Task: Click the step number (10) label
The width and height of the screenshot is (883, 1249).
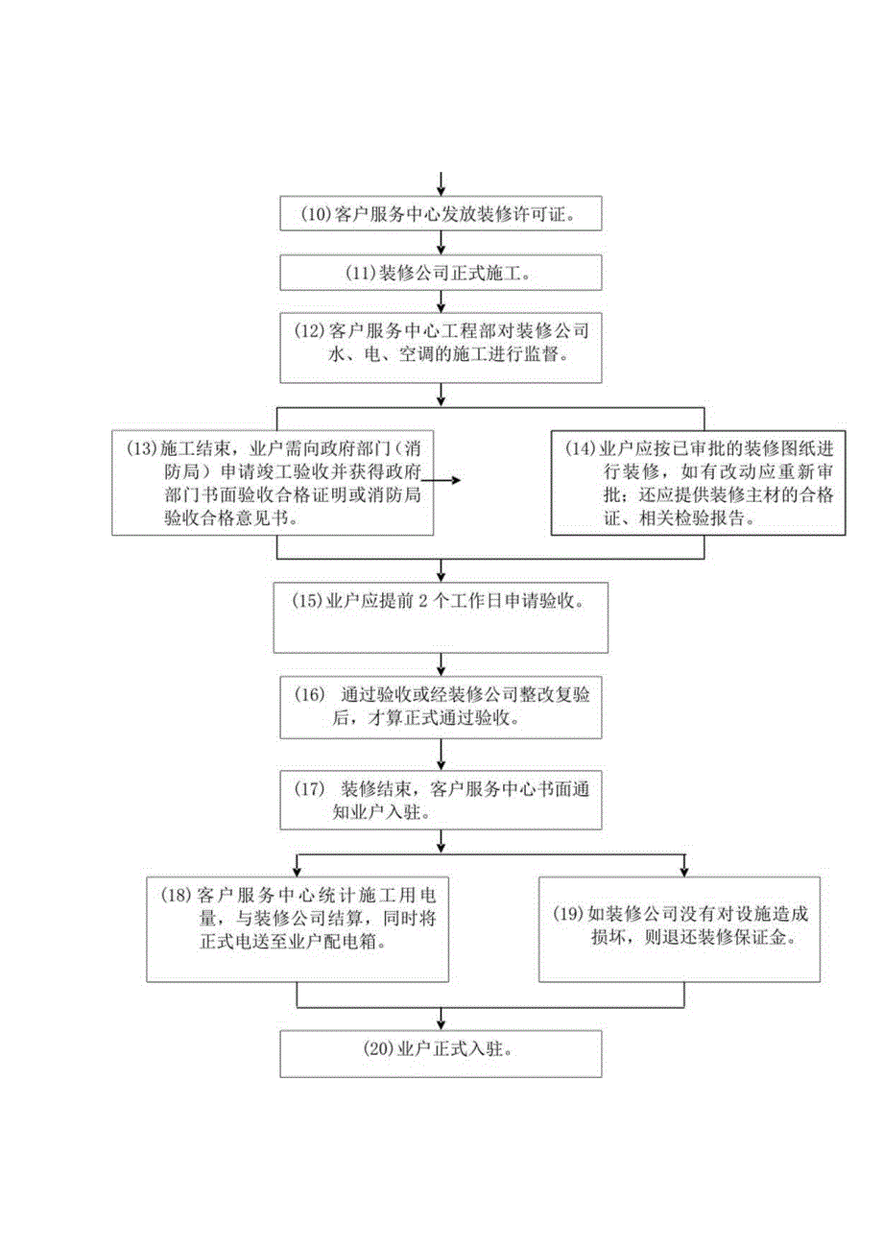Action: pos(314,215)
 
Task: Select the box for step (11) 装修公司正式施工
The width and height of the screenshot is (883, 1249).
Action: pos(441,272)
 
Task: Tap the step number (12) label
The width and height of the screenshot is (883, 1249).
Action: pos(311,331)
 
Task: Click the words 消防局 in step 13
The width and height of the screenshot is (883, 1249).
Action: pos(172,473)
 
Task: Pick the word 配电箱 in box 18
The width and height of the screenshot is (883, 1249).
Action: pos(367,942)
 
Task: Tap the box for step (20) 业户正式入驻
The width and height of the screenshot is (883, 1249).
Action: pos(441,1052)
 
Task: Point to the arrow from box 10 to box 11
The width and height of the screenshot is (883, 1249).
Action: pos(441,243)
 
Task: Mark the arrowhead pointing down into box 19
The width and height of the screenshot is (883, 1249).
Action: pos(682,870)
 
